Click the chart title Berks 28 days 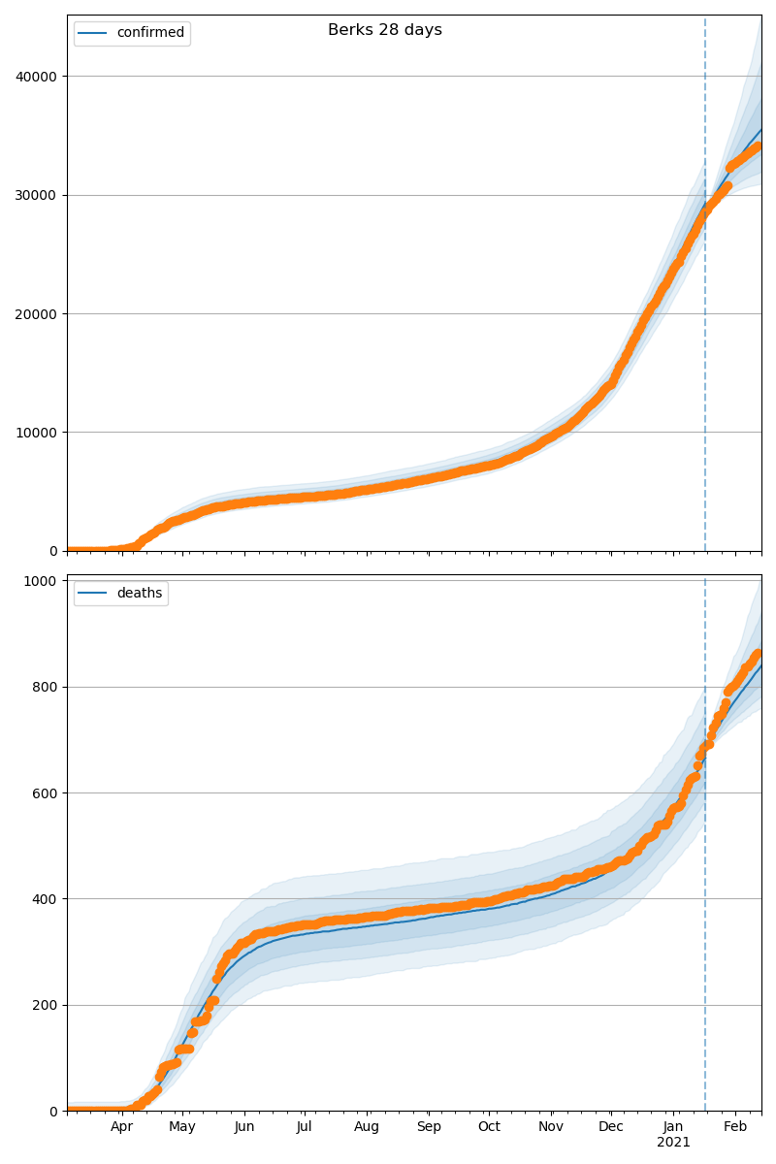[385, 30]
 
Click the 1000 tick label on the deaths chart [43, 581]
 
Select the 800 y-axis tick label [47, 687]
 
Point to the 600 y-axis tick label [47, 792]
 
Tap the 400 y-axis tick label [47, 898]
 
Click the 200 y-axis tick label [47, 1005]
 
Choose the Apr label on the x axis [121, 1127]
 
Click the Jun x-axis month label [243, 1127]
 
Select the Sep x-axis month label [429, 1127]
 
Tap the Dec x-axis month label [611, 1127]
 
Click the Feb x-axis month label [735, 1127]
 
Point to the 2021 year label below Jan [673, 1143]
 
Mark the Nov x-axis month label [551, 1127]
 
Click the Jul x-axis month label [304, 1127]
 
